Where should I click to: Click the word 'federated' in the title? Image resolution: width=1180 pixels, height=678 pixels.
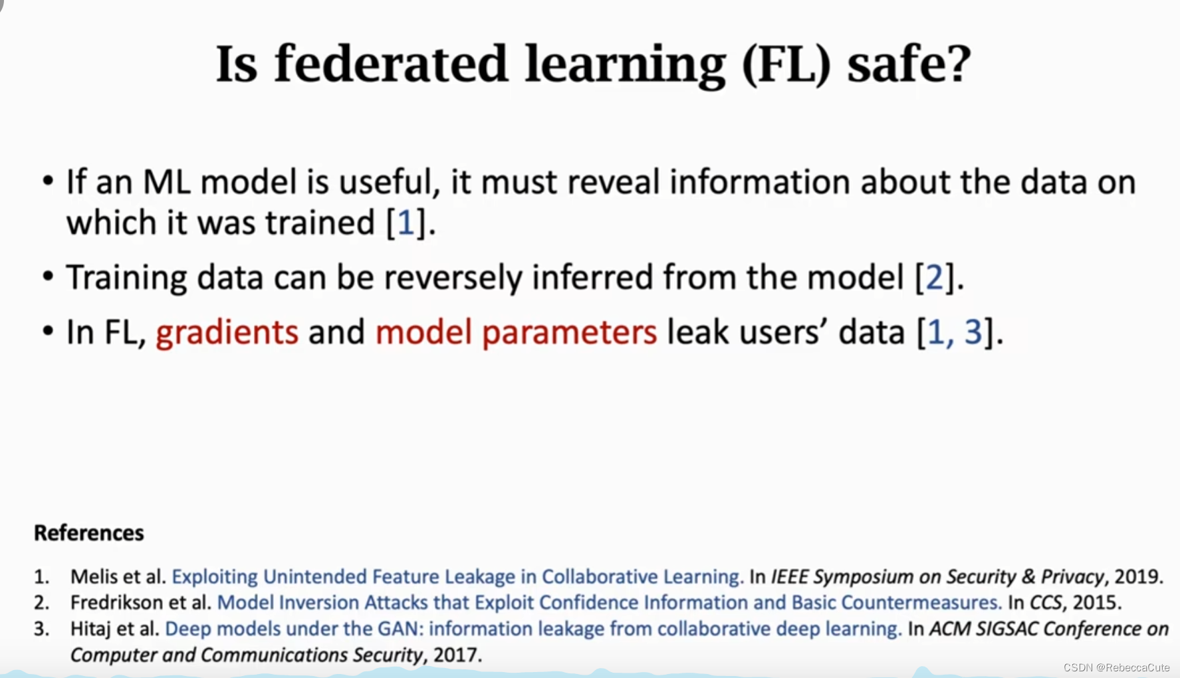click(x=391, y=64)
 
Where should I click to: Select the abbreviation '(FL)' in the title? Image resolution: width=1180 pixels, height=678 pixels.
click(x=786, y=65)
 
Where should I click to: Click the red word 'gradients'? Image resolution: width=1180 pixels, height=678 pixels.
click(x=227, y=332)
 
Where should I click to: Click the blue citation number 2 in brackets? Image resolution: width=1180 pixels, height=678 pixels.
click(x=935, y=277)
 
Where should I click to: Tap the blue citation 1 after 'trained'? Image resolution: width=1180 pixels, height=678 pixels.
click(x=406, y=223)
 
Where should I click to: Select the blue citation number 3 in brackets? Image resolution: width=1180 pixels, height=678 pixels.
click(x=973, y=332)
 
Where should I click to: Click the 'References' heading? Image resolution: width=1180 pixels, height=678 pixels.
click(x=89, y=533)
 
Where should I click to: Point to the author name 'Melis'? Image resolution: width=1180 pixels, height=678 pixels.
click(x=94, y=576)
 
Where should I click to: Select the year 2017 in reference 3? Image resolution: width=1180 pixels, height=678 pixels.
click(x=456, y=655)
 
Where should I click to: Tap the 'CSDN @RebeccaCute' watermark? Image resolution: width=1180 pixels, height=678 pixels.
click(x=1116, y=667)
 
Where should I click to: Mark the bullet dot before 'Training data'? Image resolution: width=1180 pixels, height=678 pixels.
click(x=48, y=275)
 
